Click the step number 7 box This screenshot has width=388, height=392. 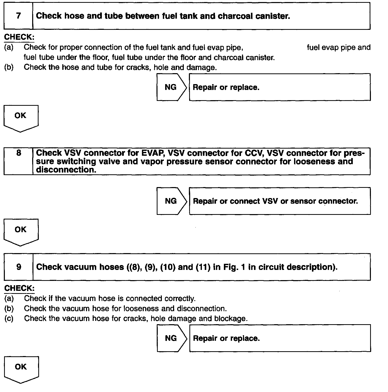tap(18, 16)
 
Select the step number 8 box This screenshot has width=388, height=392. tap(18, 161)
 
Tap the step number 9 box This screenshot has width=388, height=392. tap(19, 267)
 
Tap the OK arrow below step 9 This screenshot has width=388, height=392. tap(21, 369)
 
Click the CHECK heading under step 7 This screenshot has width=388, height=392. tap(19, 37)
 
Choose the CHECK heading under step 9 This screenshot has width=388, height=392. tap(19, 288)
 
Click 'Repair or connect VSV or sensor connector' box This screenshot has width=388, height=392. tap(280, 201)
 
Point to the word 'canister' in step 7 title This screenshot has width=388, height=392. tap(274, 16)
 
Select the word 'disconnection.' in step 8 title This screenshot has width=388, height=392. tap(66, 170)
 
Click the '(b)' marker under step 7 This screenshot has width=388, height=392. tap(9, 68)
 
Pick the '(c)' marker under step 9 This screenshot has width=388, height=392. tap(9, 319)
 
